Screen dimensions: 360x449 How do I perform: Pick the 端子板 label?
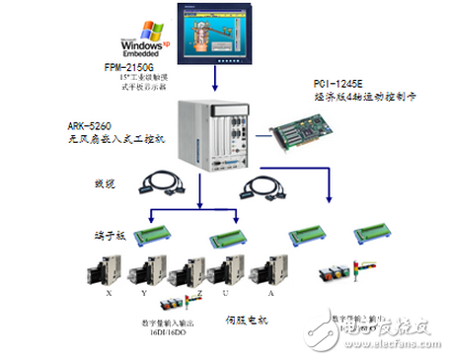pos(103,236)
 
